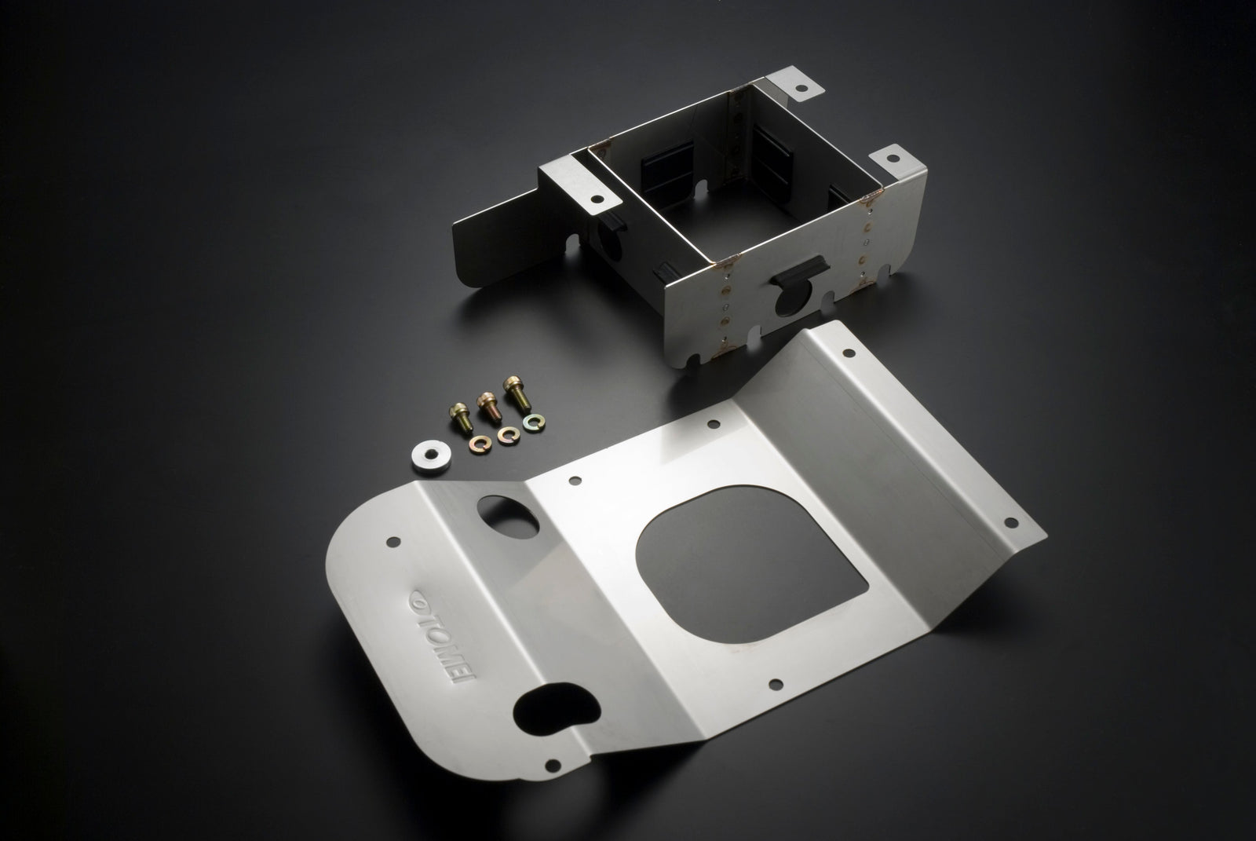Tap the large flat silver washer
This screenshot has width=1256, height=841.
(x=431, y=456)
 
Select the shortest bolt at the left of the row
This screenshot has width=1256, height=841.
(x=461, y=419)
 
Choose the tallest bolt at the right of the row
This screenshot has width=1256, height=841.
(x=517, y=393)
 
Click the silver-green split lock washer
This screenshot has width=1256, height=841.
(x=534, y=422)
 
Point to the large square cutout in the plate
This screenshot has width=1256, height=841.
(x=750, y=565)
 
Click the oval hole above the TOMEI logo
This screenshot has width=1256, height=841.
(x=507, y=517)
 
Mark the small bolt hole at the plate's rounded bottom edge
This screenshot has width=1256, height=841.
(x=553, y=765)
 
